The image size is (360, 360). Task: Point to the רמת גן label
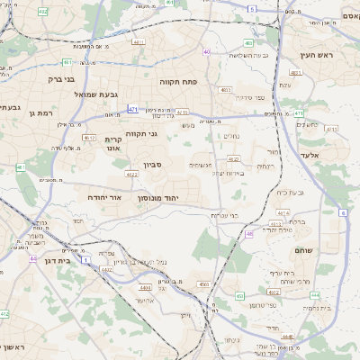point(43,113)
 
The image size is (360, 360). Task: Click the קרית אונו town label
point(113,144)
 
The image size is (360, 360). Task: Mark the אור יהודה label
point(104,195)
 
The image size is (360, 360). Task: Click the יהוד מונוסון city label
point(158,197)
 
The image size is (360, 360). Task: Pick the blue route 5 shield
point(253,9)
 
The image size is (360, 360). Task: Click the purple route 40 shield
point(207,52)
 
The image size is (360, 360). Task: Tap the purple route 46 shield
point(248,234)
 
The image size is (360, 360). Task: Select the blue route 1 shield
point(85,259)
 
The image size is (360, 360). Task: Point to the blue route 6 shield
point(343,212)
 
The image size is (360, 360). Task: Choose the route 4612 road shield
point(89,138)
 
